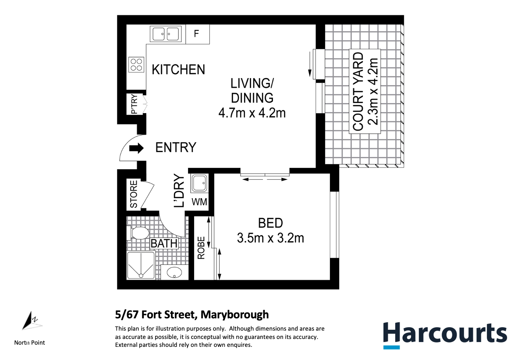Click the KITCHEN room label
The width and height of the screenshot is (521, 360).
click(178, 70)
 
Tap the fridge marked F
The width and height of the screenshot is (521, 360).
click(197, 34)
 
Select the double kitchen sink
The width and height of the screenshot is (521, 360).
click(166, 34)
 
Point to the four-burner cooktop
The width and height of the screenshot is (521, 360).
click(136, 64)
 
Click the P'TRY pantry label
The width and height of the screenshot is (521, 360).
click(134, 104)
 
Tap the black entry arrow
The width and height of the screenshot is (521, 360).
click(136, 148)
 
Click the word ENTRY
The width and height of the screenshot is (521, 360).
click(176, 148)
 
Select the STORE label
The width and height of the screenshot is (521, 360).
click(134, 194)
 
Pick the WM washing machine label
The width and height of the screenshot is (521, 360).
click(199, 202)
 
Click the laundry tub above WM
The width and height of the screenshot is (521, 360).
click(199, 183)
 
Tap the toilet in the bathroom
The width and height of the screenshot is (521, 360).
click(138, 233)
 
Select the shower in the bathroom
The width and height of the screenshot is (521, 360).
click(141, 265)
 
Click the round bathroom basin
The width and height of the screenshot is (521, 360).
click(174, 273)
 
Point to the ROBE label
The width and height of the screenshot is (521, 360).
click(202, 248)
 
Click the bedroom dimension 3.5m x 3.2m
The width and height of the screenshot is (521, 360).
click(270, 239)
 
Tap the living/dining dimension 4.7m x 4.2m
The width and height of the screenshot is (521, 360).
click(252, 113)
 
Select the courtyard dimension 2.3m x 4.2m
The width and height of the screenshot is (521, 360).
click(374, 92)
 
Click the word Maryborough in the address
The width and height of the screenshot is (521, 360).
click(235, 314)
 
